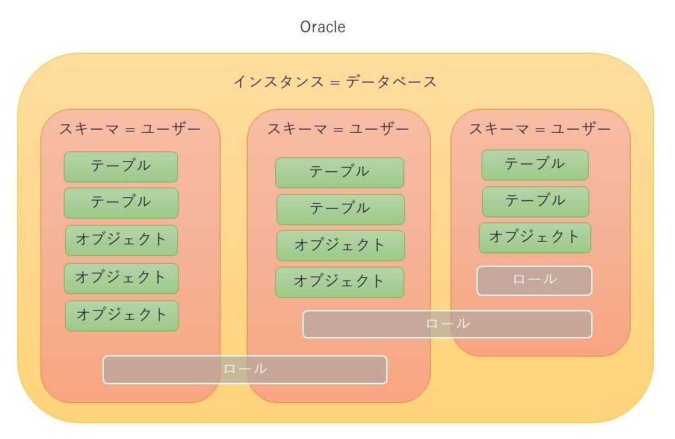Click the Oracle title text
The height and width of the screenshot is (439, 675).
pyautogui.click(x=322, y=27)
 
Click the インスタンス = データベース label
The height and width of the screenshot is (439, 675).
pyautogui.click(x=335, y=82)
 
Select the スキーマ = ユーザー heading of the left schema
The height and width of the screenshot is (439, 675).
pyautogui.click(x=130, y=128)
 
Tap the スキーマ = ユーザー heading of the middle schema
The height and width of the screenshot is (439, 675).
pyautogui.click(x=338, y=129)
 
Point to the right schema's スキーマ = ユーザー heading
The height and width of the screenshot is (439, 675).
pyautogui.click(x=540, y=128)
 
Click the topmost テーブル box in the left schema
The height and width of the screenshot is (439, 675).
pyautogui.click(x=121, y=166)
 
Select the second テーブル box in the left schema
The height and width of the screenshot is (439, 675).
pyautogui.click(x=121, y=202)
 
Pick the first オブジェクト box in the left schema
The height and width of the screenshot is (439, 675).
pyautogui.click(x=121, y=240)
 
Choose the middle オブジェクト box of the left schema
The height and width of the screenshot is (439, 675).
pyautogui.click(x=121, y=278)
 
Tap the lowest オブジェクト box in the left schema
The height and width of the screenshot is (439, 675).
pyautogui.click(x=121, y=315)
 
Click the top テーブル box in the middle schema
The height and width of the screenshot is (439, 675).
pyautogui.click(x=339, y=172)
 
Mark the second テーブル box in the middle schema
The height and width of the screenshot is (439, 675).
pyautogui.click(x=340, y=209)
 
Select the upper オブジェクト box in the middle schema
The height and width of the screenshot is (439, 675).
pyautogui.click(x=340, y=245)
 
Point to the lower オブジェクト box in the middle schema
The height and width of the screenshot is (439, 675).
pyautogui.click(x=339, y=282)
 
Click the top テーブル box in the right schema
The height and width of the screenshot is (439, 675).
pyautogui.click(x=534, y=164)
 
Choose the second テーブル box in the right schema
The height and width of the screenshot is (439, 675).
pyautogui.click(x=535, y=201)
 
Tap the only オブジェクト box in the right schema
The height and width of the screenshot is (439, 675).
pyautogui.click(x=534, y=237)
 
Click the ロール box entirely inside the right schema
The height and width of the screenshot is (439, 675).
pyautogui.click(x=534, y=280)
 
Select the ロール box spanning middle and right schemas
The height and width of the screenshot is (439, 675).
pyautogui.click(x=447, y=324)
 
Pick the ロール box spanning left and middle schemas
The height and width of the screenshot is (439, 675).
pyautogui.click(x=244, y=369)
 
